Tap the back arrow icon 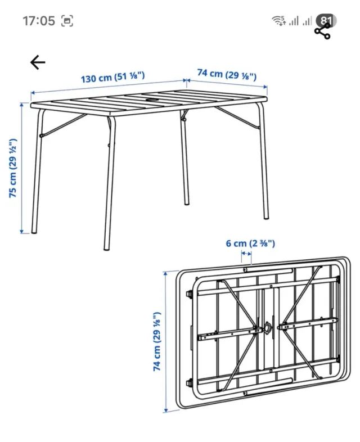click(x=38, y=62)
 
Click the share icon click(x=322, y=31)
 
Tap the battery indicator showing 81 click(x=326, y=21)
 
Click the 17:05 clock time click(x=39, y=21)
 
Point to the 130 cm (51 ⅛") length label click(x=112, y=77)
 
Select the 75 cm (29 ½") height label click(x=13, y=168)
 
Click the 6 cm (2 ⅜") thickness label click(x=250, y=243)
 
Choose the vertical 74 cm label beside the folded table click(x=157, y=341)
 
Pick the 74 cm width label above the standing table click(x=227, y=74)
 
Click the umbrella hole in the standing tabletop click(x=153, y=100)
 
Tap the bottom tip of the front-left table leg click(x=106, y=249)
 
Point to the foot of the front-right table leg click(x=266, y=218)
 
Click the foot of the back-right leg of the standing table click(x=186, y=203)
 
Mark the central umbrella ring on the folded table click(x=267, y=328)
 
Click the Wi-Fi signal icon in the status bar click(x=278, y=21)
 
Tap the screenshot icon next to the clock click(x=67, y=21)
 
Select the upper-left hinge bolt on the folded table click(x=189, y=294)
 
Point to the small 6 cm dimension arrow click(x=246, y=254)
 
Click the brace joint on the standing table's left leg click(x=42, y=136)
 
